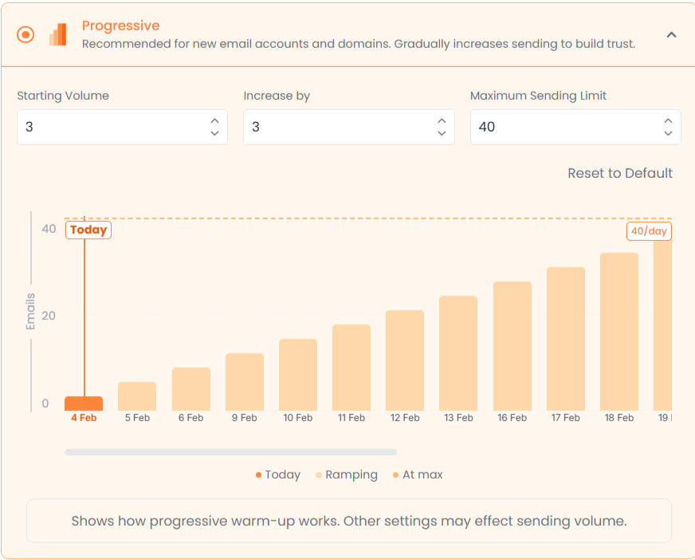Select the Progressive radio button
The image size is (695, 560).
point(26,35)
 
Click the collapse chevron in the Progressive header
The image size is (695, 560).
point(671,35)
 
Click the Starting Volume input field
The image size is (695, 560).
point(112,127)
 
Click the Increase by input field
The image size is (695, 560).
point(339,127)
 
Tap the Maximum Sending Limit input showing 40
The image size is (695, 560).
point(565,127)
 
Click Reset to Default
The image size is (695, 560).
point(620,173)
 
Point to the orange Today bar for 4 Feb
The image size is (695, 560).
point(84,404)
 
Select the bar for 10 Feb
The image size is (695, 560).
point(298,375)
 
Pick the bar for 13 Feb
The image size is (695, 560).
point(458,353)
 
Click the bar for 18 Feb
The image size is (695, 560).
point(619,332)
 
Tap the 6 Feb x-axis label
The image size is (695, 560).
point(190,418)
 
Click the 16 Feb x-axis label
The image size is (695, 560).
point(512,418)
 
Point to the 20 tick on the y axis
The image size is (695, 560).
point(49,316)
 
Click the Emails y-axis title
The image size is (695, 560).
point(30,312)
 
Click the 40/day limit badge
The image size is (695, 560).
point(649,231)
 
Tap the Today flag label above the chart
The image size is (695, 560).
point(88,230)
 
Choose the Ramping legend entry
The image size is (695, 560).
point(347,475)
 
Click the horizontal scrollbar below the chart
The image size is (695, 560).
point(230,452)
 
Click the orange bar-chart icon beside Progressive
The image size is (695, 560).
point(57,34)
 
